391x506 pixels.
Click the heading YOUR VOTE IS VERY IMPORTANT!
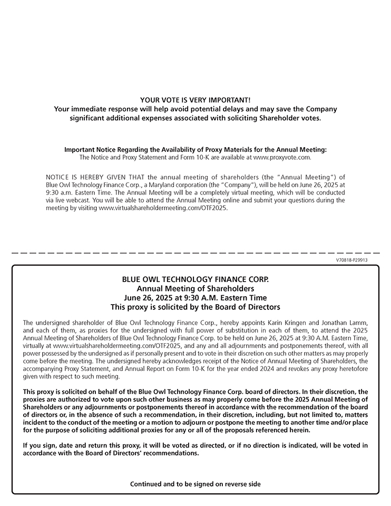tap(195, 100)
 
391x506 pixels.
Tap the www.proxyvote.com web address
tap(282, 157)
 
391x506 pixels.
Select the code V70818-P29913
tap(351, 260)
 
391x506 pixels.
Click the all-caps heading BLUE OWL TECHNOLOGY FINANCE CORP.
tap(195, 279)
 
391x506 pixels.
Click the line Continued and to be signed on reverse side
tap(195, 484)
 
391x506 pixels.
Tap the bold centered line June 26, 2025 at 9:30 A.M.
tap(195, 298)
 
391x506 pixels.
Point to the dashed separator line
tap(195, 254)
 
